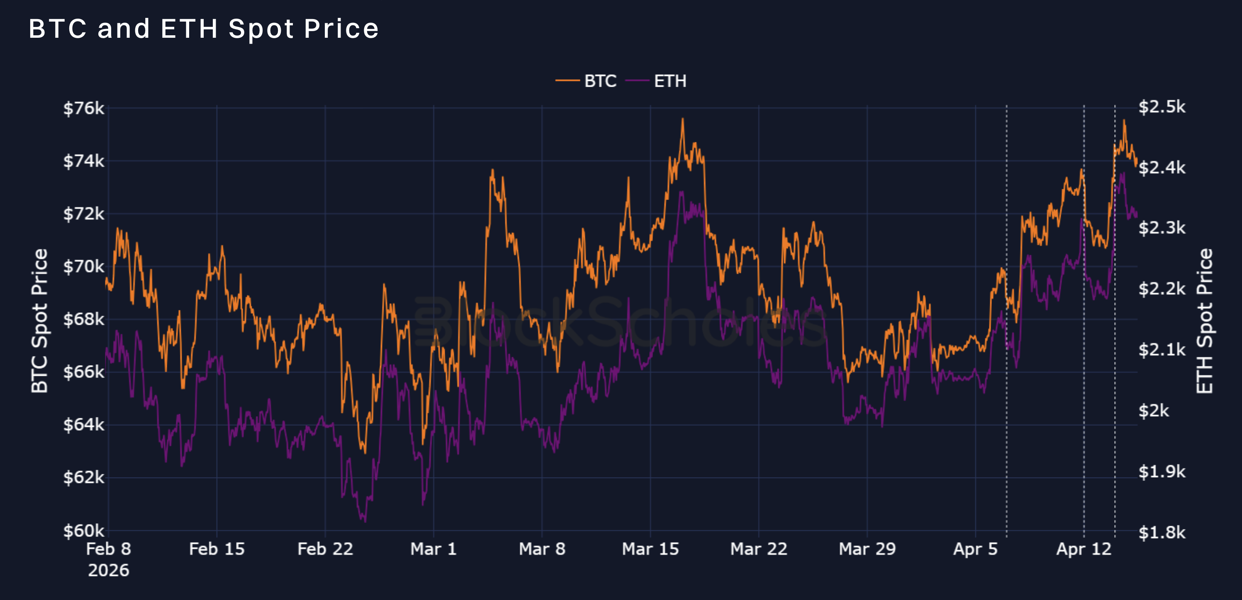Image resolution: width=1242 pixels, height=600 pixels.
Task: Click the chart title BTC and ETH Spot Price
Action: coord(203,29)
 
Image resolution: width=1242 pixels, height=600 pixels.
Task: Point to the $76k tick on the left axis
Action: coord(83,108)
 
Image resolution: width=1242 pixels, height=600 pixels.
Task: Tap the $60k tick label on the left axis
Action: coord(83,531)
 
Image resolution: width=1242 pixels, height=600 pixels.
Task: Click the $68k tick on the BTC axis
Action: coord(83,319)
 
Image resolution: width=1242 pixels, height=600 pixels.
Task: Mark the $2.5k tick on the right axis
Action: coord(1161,107)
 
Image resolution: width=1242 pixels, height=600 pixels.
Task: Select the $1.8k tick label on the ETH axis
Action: coord(1161,532)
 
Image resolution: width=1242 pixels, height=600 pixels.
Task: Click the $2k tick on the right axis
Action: coord(1153,410)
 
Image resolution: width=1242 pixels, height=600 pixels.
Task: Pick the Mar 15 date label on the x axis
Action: coord(650,549)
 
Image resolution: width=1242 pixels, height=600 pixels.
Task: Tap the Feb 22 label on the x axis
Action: coord(325,549)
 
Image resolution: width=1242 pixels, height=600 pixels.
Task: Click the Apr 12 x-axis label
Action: coord(1084,549)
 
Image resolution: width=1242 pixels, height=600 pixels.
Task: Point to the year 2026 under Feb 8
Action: coord(109,570)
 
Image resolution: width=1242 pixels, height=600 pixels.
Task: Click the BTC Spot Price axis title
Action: coord(39,321)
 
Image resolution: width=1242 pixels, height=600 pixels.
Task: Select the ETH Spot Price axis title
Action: coord(1204,321)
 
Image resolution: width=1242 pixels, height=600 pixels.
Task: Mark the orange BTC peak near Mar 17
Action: coord(683,119)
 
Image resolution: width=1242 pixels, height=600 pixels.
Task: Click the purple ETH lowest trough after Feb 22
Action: coord(365,521)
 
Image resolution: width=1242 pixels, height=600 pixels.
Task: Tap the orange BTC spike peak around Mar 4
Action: coord(492,170)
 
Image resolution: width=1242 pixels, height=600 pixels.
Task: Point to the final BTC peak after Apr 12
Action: coord(1124,121)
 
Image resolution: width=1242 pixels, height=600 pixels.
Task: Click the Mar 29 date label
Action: coord(867,549)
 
